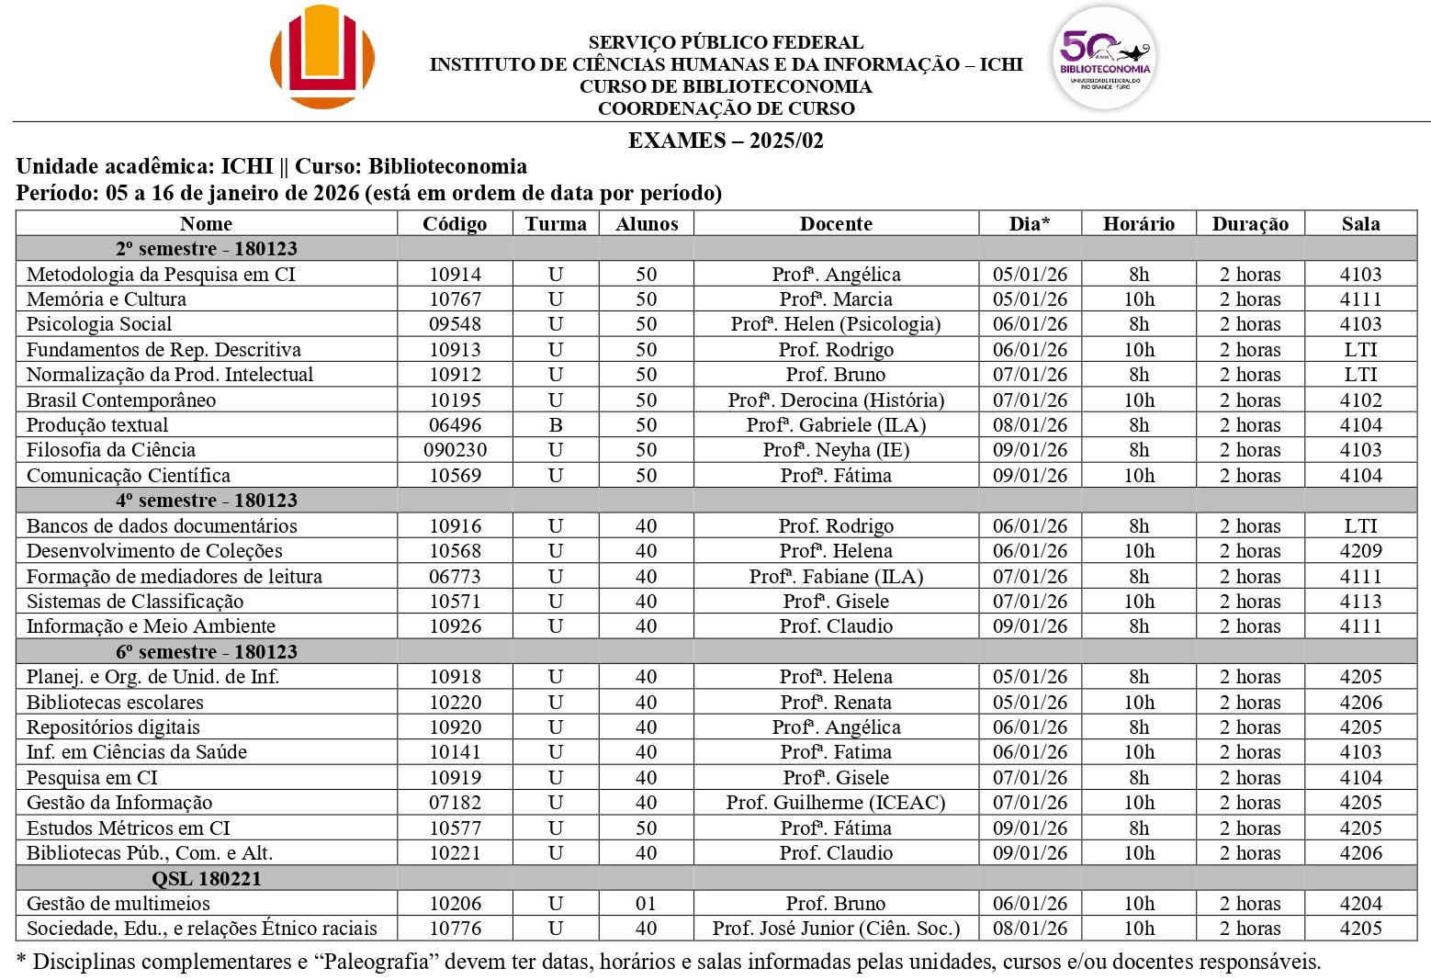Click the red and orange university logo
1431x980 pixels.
click(x=322, y=57)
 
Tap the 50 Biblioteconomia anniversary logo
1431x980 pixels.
click(x=1104, y=59)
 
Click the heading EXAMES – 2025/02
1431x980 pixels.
click(x=726, y=141)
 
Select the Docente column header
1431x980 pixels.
click(x=836, y=224)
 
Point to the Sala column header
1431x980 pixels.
click(x=1360, y=224)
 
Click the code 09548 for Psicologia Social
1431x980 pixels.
click(x=455, y=324)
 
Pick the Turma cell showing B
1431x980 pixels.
click(x=556, y=425)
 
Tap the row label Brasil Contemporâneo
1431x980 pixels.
click(x=121, y=400)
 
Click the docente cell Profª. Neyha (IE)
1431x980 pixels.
click(x=836, y=450)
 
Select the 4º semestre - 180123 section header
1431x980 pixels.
click(x=207, y=501)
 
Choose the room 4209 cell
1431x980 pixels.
click(x=1360, y=551)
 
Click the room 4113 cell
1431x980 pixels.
click(x=1360, y=602)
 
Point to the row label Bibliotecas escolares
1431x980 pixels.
click(x=115, y=703)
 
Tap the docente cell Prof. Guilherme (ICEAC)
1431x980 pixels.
click(x=836, y=803)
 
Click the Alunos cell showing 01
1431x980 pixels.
click(x=647, y=904)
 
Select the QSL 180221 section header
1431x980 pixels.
click(x=207, y=879)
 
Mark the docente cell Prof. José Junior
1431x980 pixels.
click(x=836, y=929)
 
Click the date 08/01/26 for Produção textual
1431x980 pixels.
click(x=1030, y=425)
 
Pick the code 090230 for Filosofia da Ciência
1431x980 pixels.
click(x=455, y=450)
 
